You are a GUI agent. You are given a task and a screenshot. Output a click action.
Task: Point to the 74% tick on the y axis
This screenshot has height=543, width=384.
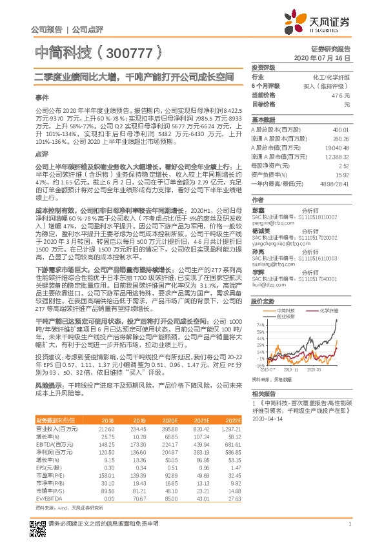tap(258, 324)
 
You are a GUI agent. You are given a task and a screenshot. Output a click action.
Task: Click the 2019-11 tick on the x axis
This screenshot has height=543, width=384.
tap(292, 388)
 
